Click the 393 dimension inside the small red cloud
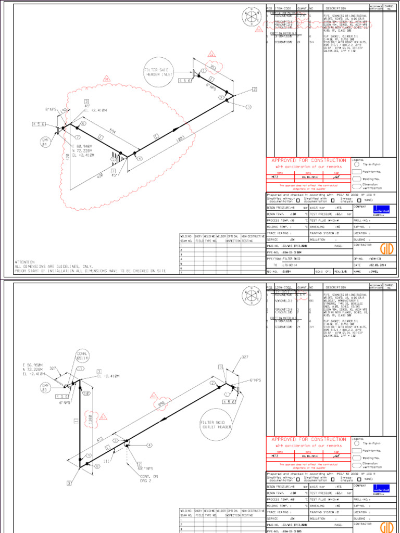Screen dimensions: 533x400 click(x=213, y=67)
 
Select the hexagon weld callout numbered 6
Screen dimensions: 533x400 click(x=83, y=124)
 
